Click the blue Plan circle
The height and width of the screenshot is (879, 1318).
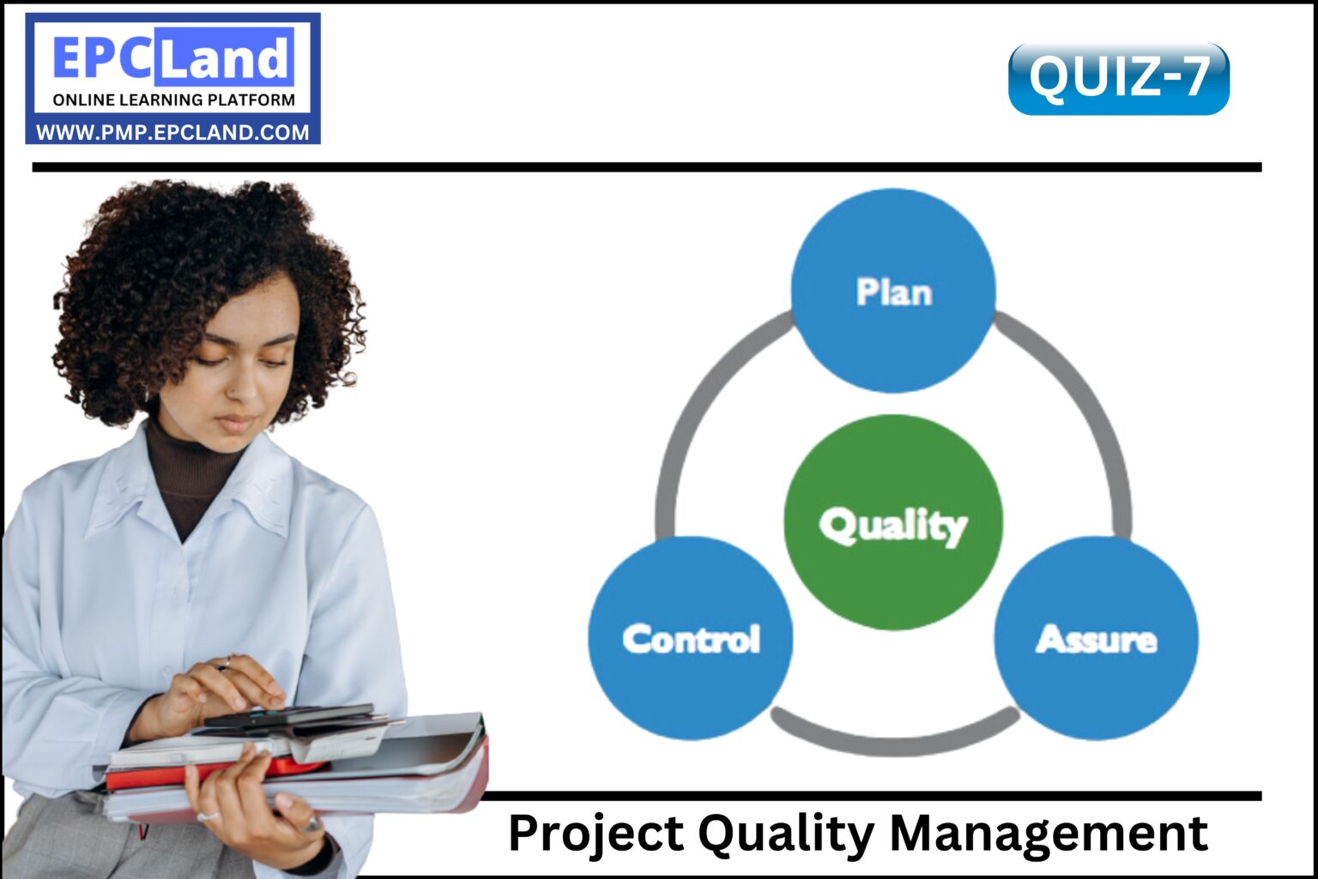pos(892,291)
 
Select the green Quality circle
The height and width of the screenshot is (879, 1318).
pos(892,522)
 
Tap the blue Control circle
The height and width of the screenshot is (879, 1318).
pos(691,638)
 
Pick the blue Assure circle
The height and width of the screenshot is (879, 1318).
pos(1096,638)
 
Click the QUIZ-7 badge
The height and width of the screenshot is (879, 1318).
pos(1118,78)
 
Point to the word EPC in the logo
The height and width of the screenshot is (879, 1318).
pos(103,58)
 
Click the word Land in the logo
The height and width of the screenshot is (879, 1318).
pos(225,58)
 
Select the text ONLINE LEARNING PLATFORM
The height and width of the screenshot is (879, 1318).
pos(173,99)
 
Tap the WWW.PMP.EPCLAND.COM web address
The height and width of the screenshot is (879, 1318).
pos(172,132)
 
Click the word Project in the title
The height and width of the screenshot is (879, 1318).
pos(596,833)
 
